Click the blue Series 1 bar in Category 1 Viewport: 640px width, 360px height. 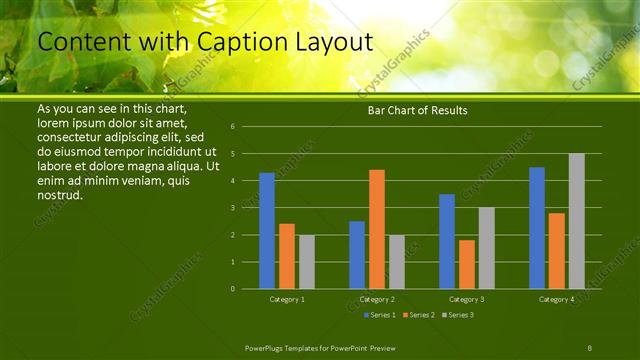coord(267,231)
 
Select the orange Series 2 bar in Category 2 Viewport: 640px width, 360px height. coord(377,229)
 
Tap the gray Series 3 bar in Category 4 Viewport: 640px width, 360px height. coord(577,221)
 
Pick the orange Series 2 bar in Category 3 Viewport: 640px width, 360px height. coord(467,264)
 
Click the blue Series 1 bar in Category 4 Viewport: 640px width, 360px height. coord(537,228)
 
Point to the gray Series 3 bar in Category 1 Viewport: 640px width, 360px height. coord(307,262)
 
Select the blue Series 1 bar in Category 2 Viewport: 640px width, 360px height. coord(357,255)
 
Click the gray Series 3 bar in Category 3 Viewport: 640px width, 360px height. coord(487,248)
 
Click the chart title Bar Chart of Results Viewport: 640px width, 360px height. coord(411,110)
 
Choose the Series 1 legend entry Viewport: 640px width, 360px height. coord(379,315)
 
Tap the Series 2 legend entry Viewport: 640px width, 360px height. coord(418,315)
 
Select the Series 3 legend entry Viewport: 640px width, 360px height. coord(457,315)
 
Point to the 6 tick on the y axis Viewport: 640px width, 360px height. coord(232,127)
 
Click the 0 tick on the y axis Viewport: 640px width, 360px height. coord(232,289)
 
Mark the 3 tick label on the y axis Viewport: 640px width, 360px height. coord(232,208)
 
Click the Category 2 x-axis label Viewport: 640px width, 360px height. coord(377,299)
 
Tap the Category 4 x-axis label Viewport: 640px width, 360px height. coord(557,299)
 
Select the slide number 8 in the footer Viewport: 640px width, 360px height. coord(589,346)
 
